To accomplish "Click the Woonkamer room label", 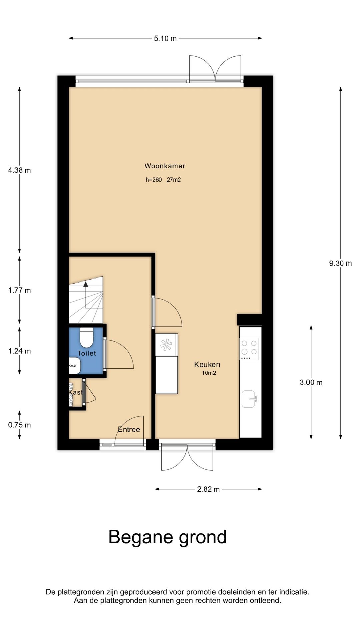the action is click(x=165, y=166).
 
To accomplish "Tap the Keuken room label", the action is click(x=207, y=365).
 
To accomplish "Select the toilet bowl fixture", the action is click(x=87, y=338).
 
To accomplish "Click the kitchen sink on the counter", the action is click(x=249, y=399).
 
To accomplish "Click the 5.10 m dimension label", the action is click(x=165, y=38).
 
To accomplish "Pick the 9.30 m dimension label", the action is click(x=340, y=263).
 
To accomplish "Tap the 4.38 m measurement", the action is click(x=20, y=170).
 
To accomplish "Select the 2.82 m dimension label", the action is click(x=208, y=489).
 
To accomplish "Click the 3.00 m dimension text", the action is click(x=311, y=382).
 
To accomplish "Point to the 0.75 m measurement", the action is click(x=20, y=425).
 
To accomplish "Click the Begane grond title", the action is click(x=168, y=537).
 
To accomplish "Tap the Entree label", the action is click(x=129, y=429).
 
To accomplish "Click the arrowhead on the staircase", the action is click(x=86, y=284).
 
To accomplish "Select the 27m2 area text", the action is click(x=174, y=180).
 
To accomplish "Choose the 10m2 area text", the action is click(x=209, y=373).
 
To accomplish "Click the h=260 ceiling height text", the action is click(x=154, y=180).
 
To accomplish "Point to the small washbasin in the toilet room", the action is click(x=75, y=366).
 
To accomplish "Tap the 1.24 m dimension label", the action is click(x=20, y=351).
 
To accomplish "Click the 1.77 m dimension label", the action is click(x=20, y=290).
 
